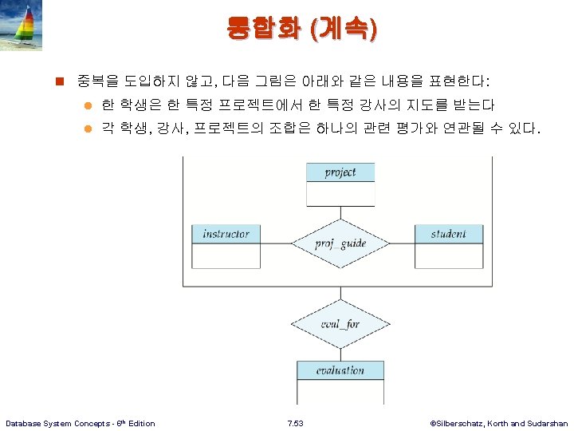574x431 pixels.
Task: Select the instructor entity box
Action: click(x=226, y=246)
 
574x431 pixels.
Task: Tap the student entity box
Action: click(x=448, y=246)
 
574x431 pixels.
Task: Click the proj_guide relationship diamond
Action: click(x=340, y=244)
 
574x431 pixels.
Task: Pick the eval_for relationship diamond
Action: click(x=340, y=324)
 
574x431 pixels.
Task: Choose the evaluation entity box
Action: click(x=340, y=370)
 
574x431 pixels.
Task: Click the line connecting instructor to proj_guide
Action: click(x=276, y=244)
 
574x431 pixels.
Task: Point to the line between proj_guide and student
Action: click(x=402, y=244)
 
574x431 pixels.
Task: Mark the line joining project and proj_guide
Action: click(x=340, y=212)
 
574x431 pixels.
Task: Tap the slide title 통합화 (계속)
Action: click(x=302, y=30)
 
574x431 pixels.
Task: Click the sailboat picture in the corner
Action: click(x=22, y=26)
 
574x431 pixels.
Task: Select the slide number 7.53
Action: click(x=294, y=423)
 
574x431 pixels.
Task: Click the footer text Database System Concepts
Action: click(x=80, y=423)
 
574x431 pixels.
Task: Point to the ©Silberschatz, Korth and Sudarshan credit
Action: click(x=498, y=423)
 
